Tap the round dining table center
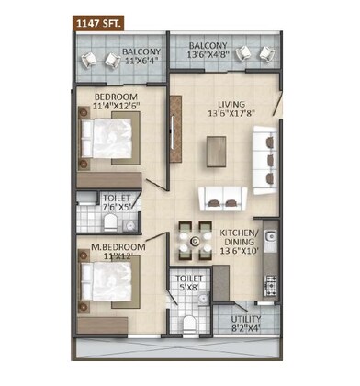(195, 242)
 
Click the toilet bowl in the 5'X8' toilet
(187, 321)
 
